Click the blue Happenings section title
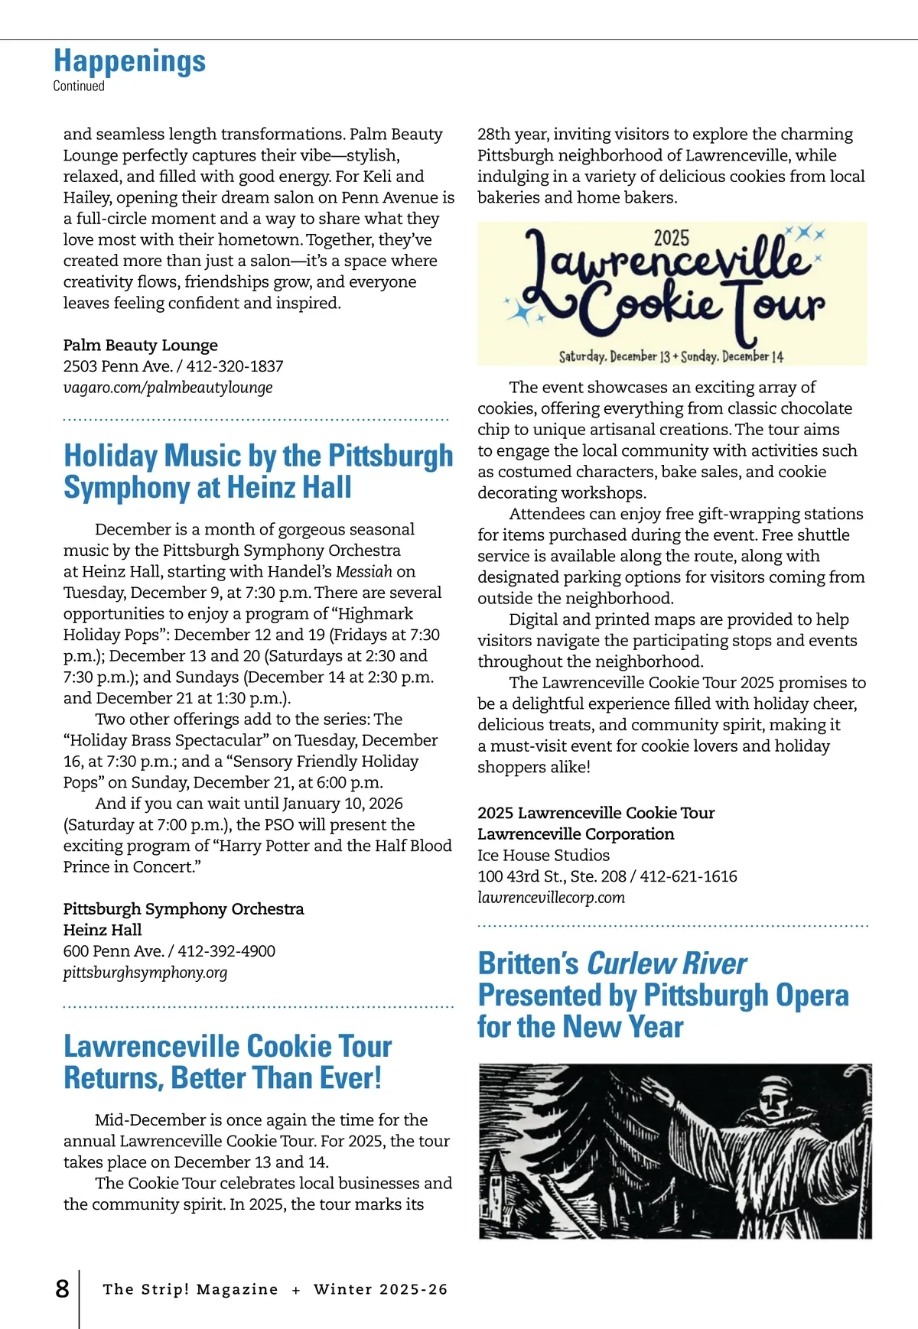click(x=129, y=61)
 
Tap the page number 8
click(x=62, y=1288)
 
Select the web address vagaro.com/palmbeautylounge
click(x=168, y=388)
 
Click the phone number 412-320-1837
click(x=235, y=366)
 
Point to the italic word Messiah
click(x=364, y=571)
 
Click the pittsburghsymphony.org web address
click(x=145, y=973)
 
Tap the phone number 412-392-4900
click(x=226, y=951)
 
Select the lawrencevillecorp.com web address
click(x=551, y=898)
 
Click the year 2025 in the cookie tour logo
click(x=672, y=238)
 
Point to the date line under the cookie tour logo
click(x=671, y=356)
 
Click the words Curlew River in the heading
click(x=666, y=963)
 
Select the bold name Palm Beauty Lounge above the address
click(x=141, y=345)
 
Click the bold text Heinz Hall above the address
click(x=103, y=930)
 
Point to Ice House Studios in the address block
click(x=543, y=855)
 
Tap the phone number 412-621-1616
click(x=688, y=876)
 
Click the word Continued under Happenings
click(x=79, y=86)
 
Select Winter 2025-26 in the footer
click(x=380, y=1289)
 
